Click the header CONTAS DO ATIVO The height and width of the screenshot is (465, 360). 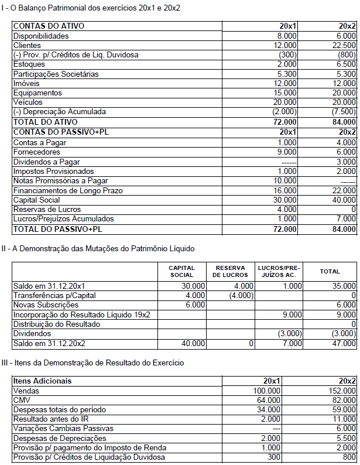(x=49, y=26)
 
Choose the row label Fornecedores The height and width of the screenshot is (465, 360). (x=36, y=152)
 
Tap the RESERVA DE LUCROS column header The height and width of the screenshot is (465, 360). (x=234, y=271)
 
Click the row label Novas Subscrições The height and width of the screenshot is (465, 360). (x=46, y=305)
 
